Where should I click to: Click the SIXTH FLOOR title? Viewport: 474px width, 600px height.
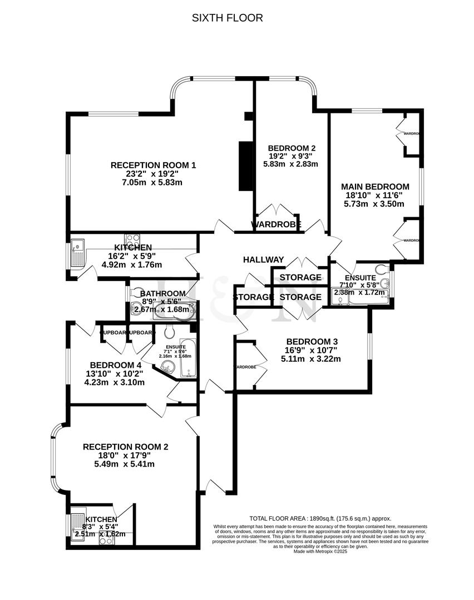227,18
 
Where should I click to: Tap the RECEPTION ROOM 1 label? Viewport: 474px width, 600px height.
154,165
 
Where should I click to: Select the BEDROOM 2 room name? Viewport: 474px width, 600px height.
292,148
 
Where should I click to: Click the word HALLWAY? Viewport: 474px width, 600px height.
264,259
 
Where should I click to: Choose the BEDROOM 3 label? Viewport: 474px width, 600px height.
312,342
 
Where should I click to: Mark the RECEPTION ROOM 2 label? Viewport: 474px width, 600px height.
125,447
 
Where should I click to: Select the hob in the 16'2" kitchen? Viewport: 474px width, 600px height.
132,241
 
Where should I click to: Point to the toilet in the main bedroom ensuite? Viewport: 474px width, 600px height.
381,270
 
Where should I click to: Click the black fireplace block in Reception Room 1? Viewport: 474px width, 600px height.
244,166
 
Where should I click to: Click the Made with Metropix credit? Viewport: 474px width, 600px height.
320,552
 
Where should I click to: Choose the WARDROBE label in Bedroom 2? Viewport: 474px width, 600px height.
276,225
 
